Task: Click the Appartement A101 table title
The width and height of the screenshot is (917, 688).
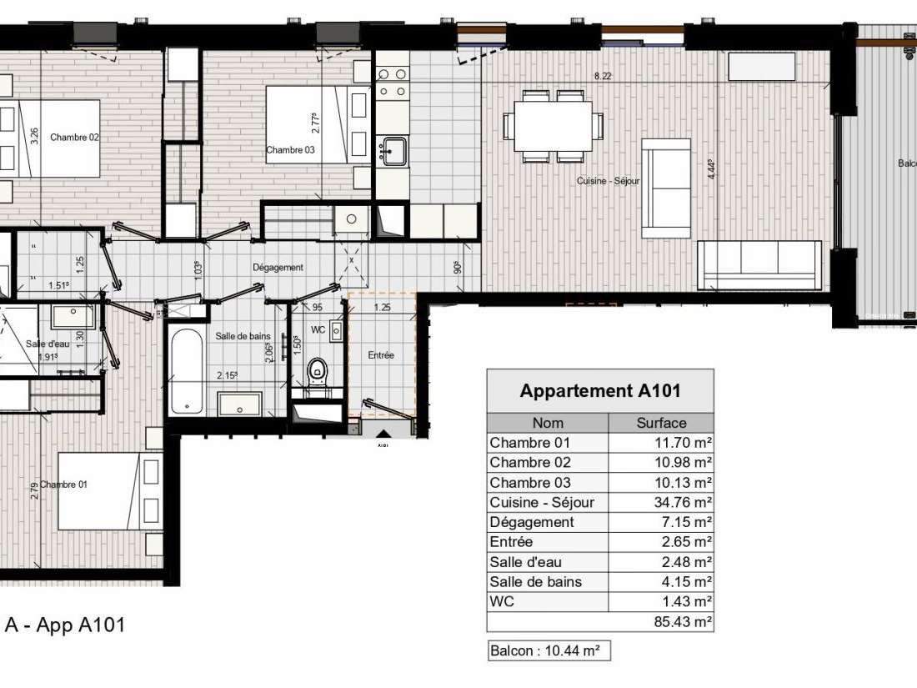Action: coord(600,391)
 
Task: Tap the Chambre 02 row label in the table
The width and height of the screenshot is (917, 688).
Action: coord(530,463)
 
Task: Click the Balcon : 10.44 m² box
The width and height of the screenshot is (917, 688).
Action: coord(549,651)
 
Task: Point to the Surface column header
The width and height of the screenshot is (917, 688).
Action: coord(661,423)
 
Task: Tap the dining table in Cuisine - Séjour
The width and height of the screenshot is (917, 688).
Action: coord(553,126)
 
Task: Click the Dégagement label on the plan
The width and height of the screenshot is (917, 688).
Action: coord(278,268)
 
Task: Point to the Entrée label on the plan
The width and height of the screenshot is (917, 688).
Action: coord(381,355)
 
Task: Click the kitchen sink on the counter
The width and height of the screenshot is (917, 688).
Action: coord(392,152)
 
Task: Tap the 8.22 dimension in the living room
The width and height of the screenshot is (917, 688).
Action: coord(602,76)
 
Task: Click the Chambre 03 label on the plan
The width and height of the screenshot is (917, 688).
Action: coord(289,151)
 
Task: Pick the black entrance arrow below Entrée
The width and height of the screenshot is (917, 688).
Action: coord(383,434)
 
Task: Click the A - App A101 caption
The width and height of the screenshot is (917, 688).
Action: coord(65,625)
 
